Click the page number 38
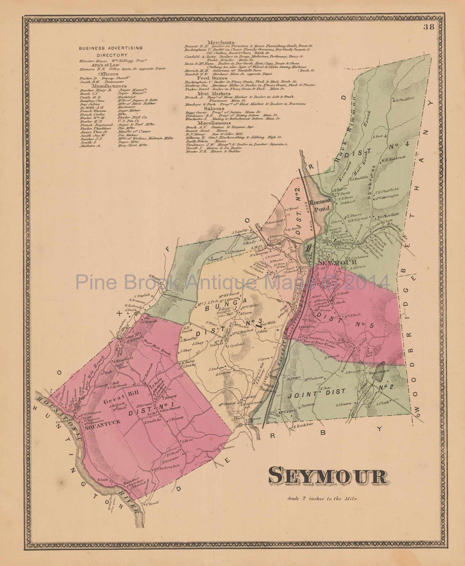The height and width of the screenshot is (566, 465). point(429,28)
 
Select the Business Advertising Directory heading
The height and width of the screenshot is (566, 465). point(111,51)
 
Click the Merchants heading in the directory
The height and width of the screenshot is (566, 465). point(221,42)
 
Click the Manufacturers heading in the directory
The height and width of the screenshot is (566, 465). point(109,86)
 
